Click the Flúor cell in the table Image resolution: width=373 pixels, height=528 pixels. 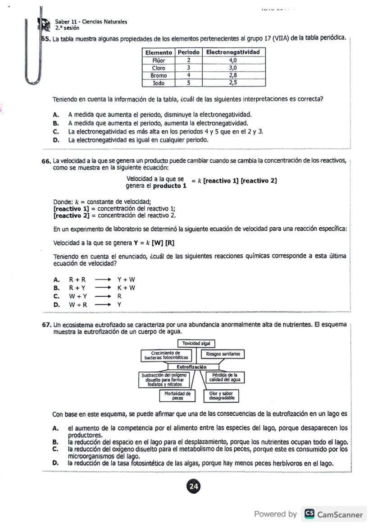pos(158,60)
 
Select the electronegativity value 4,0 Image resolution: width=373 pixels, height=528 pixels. pos(233,60)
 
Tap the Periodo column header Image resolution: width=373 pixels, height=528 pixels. pos(188,52)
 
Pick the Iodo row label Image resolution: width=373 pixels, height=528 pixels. pos(158,83)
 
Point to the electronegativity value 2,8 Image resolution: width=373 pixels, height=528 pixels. pos(233,75)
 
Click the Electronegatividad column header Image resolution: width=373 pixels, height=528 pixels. pos(233,52)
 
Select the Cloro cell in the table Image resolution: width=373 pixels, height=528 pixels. pos(158,68)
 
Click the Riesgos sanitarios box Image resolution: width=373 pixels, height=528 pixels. pos(223,354)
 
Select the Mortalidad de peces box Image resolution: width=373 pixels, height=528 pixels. pos(177,395)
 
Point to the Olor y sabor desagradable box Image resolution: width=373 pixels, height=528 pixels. pos(221,396)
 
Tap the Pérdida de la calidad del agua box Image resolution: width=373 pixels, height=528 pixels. pos(224,377)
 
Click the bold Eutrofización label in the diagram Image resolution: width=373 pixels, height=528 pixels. pos(191,367)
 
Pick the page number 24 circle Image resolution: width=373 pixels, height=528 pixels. pos(194,487)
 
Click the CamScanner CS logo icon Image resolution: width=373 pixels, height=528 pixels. pos(309,514)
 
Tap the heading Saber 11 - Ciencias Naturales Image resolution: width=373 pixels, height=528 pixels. pos(91,22)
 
